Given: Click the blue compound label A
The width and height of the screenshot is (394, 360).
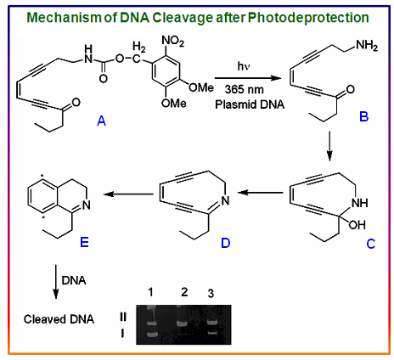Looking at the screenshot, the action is pos(101,121).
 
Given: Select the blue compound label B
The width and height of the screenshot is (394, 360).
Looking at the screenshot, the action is pos(364,116).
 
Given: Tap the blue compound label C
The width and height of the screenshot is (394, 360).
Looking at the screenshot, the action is pos(371,244).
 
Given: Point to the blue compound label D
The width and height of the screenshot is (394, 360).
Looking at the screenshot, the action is pos(226,243).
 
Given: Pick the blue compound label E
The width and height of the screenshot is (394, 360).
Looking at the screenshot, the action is pos(84,242).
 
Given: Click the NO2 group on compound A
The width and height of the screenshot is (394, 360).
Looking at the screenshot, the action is pos(172,41).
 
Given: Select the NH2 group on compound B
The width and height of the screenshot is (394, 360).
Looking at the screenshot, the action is pos(367,45).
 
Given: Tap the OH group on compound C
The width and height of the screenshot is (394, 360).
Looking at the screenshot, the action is pos(357,225).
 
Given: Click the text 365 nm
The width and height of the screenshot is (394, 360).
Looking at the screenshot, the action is pos(245,89).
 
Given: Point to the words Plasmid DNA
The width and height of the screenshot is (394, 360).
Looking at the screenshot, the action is pos(250,104).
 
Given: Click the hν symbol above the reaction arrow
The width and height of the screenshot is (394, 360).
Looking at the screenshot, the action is pos(244,66).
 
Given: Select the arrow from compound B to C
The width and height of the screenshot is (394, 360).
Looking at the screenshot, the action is pos(329,146).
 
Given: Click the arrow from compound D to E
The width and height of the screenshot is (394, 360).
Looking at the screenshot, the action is pos(128,194).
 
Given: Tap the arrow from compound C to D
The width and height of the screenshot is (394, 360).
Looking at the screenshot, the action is pos(260,193).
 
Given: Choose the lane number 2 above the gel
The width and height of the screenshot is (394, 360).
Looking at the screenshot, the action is pos(184,292).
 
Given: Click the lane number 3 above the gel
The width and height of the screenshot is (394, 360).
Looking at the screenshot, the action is pos(211,294).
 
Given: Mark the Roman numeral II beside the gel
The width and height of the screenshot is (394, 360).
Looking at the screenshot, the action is pos(123,317).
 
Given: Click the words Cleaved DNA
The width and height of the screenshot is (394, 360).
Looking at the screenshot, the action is pos(59,319).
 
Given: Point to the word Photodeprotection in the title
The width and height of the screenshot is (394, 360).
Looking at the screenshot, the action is pos(308,18).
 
